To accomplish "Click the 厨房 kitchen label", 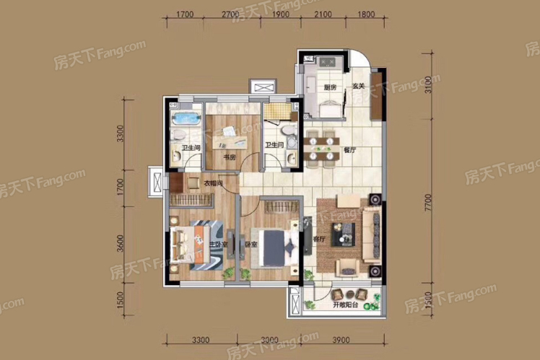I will point(330,87).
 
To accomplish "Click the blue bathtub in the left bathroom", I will point(183,117).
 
